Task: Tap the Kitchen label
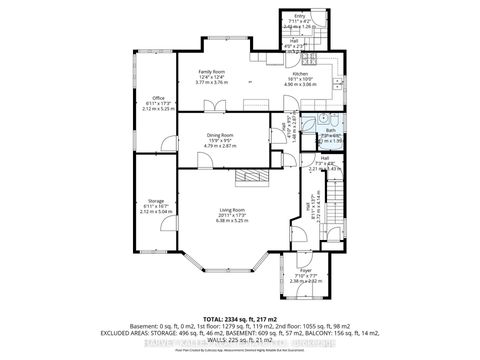(301, 73)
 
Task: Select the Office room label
(158, 97)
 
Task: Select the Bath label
(329, 131)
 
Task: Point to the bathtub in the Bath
(330, 139)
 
